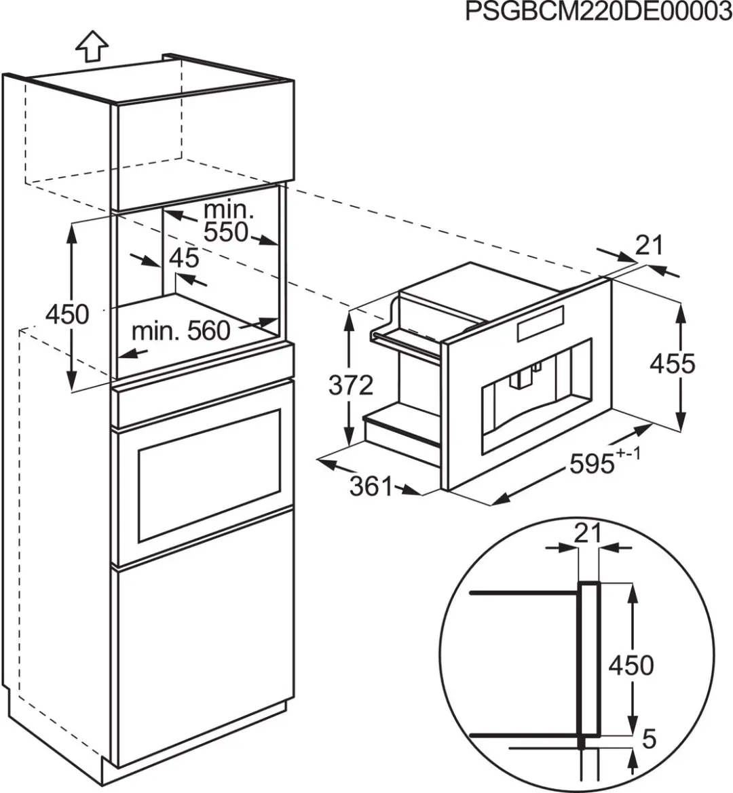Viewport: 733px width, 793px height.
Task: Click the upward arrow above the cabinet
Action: pos(92,45)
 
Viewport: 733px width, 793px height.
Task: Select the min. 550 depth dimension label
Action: pos(227,222)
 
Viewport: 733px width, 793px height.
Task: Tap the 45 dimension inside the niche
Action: pos(184,258)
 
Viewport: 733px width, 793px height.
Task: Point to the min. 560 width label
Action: pos(181,331)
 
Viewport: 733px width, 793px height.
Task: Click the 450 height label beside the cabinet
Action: pos(67,314)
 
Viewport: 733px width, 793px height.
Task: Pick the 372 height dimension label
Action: pos(351,385)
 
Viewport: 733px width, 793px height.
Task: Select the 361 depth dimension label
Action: pos(371,486)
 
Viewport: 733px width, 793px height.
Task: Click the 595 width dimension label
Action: pos(592,463)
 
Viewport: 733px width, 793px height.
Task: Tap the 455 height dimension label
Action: pos(673,364)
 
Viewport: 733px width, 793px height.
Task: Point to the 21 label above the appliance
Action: pos(649,246)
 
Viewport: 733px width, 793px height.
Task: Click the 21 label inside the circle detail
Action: pos(587,533)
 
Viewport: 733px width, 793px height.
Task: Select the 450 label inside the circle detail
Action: pos(631,665)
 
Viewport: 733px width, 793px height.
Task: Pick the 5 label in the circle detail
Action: pos(649,739)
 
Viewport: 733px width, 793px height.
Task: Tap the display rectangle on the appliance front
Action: pos(540,322)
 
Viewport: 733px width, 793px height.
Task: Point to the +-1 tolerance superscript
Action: pos(628,453)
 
